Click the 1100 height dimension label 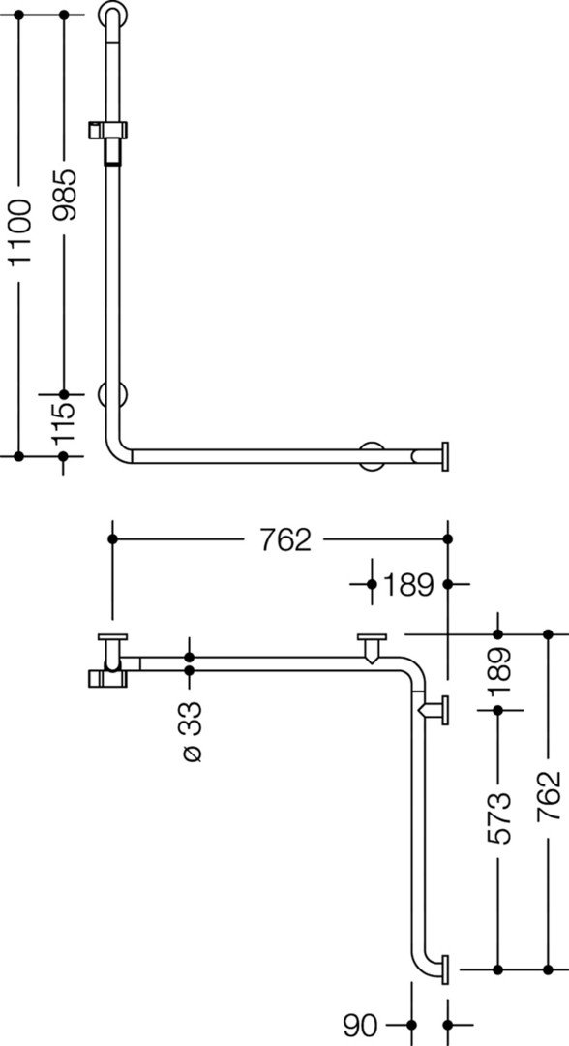click(x=20, y=231)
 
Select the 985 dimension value click(x=65, y=195)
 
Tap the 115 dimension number click(x=64, y=424)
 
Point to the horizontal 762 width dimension click(x=285, y=539)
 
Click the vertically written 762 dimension click(x=549, y=797)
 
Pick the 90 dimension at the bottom click(x=360, y=1025)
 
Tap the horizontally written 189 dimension click(x=407, y=584)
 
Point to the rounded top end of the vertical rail click(x=113, y=14)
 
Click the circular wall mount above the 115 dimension click(x=112, y=395)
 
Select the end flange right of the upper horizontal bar click(x=444, y=456)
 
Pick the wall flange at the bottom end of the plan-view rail click(x=444, y=968)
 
